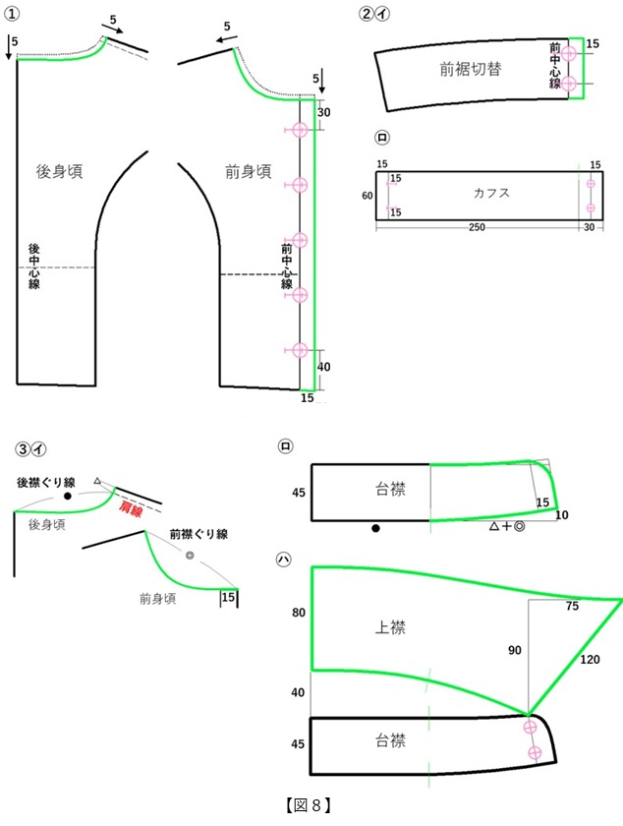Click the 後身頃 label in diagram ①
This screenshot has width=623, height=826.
tap(59, 171)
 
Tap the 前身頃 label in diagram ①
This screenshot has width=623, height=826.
tap(248, 171)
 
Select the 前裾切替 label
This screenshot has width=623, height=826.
tap(471, 69)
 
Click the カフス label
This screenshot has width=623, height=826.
tap(491, 193)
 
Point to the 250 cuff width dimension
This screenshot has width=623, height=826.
tap(477, 227)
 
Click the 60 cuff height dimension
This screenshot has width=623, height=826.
tap(368, 196)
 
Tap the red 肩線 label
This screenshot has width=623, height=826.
tap(131, 508)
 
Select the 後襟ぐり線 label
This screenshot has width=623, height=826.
tap(46, 482)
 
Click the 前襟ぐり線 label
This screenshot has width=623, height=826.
tap(198, 534)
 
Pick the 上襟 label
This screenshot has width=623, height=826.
tap(390, 627)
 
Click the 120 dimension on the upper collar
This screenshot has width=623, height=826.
tap(590, 660)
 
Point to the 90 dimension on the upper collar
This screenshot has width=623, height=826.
tap(515, 651)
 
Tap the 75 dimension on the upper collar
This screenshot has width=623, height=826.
tap(573, 607)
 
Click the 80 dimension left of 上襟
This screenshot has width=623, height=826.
tap(299, 613)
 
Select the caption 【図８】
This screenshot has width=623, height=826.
tap(309, 805)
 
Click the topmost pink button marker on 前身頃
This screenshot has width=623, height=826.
tap(299, 130)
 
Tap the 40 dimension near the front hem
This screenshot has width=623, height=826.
tap(323, 367)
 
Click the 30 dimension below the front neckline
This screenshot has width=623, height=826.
tap(323, 112)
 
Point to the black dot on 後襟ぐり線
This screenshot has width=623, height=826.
tap(68, 497)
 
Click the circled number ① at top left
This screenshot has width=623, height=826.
tap(12, 14)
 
